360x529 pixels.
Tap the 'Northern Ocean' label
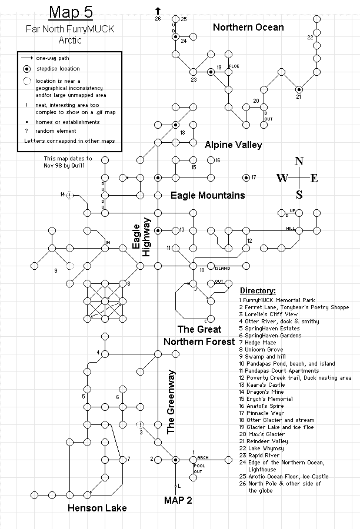(x=248, y=27)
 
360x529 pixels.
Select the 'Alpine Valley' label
(x=233, y=145)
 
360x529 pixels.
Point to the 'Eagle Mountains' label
(x=208, y=195)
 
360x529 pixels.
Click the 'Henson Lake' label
(x=96, y=508)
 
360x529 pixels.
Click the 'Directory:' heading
(x=258, y=290)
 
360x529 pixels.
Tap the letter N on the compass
(x=299, y=162)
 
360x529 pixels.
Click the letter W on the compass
(x=282, y=179)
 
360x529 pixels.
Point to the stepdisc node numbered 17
(x=245, y=178)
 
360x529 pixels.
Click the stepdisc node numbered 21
(x=299, y=89)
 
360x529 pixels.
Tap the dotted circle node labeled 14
(x=69, y=195)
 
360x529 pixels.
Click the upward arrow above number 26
(x=158, y=10)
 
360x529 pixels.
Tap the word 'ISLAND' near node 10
(x=222, y=268)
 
